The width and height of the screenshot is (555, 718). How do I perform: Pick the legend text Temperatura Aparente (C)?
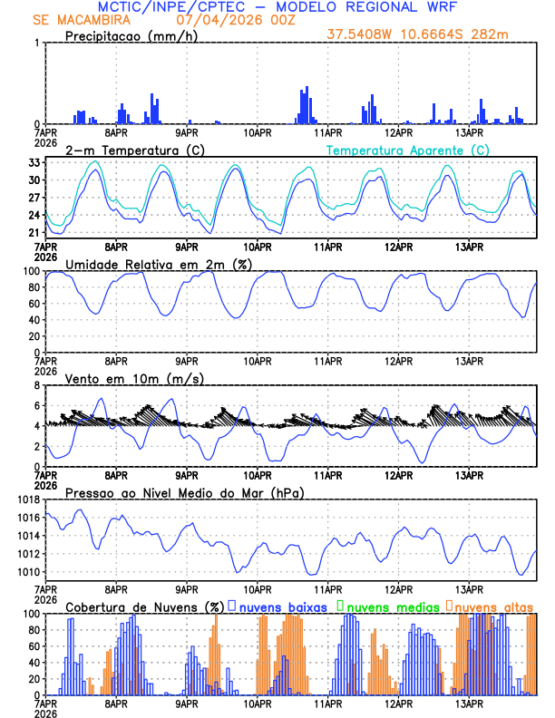(407, 150)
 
